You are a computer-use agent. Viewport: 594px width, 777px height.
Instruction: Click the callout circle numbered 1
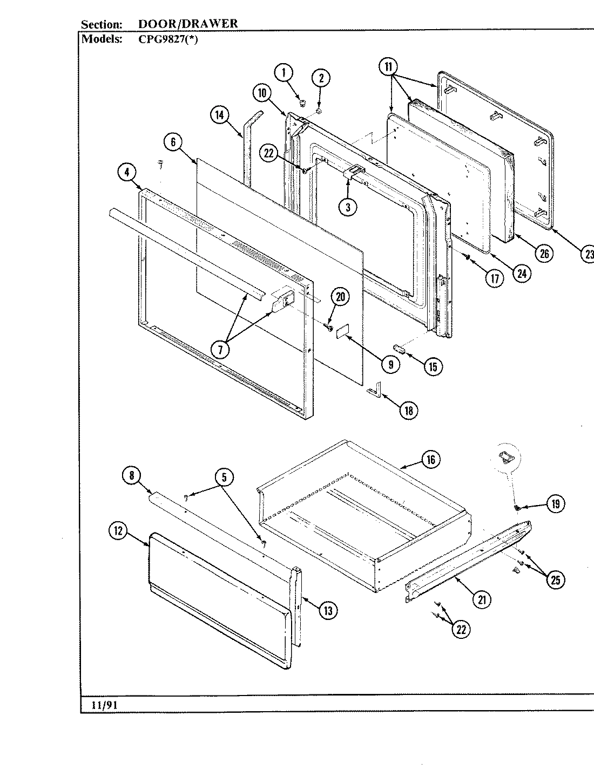285,72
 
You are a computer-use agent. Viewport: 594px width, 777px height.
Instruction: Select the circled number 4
126,173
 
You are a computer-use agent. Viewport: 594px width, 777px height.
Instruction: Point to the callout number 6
173,143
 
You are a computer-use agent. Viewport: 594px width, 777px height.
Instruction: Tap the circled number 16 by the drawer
430,460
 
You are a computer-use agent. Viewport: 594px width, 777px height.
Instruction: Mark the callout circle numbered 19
555,504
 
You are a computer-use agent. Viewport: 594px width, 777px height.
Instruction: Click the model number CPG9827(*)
168,39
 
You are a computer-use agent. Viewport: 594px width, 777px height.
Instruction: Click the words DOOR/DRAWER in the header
187,24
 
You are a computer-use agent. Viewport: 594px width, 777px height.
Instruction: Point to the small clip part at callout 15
401,349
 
